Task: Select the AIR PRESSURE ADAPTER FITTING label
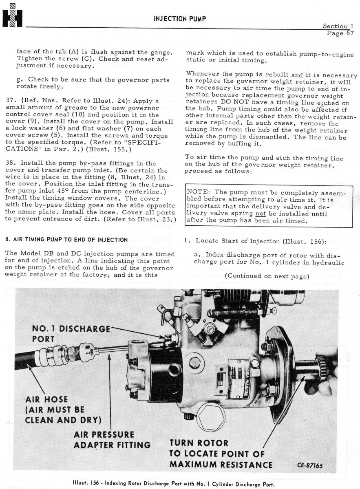tap(112, 439)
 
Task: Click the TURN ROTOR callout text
tap(199, 443)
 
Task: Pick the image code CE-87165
tap(309, 466)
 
